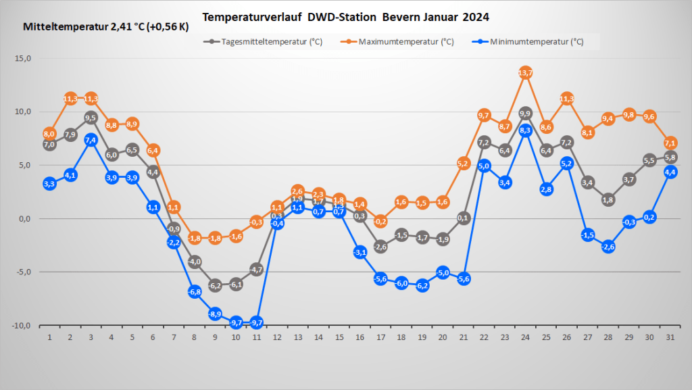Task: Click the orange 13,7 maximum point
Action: pos(526,72)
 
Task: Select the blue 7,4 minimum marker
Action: pos(91,140)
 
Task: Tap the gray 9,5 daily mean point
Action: pos(91,117)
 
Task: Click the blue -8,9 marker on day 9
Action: pos(216,314)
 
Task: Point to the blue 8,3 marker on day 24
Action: pos(526,130)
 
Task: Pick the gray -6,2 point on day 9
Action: pos(216,285)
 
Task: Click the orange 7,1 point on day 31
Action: pos(670,143)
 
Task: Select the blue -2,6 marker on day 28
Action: pos(608,247)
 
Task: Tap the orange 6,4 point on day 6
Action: pos(153,150)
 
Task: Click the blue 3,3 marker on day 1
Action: pos(49,183)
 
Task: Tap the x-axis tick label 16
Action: pos(360,337)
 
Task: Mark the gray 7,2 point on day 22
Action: pos(484,143)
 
